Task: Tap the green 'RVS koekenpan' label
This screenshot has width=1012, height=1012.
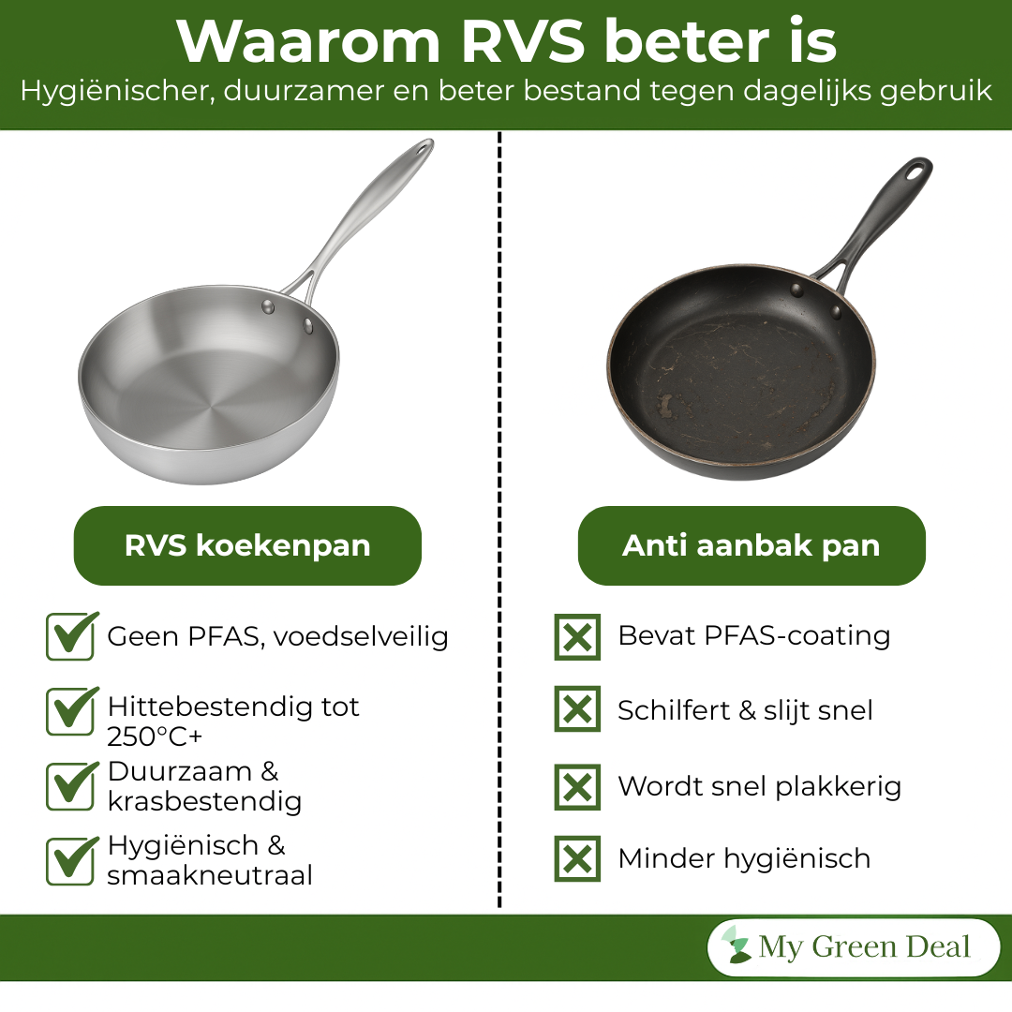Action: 247,546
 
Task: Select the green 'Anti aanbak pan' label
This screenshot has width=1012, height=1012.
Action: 751,546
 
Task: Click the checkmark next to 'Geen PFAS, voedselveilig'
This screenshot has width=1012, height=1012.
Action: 70,637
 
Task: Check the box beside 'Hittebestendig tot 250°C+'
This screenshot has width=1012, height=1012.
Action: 70,712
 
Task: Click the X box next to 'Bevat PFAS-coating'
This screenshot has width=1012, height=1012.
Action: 577,637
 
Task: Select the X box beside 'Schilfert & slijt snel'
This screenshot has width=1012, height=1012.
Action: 577,709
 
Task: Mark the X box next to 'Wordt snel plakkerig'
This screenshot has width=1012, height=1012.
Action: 577,786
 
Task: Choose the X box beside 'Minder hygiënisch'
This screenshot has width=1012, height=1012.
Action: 577,858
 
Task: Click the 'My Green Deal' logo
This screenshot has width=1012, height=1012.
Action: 853,947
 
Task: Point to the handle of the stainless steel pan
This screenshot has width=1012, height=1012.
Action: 365,216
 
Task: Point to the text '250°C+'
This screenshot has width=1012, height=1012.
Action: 155,737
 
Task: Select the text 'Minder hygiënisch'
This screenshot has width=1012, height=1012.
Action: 744,858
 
